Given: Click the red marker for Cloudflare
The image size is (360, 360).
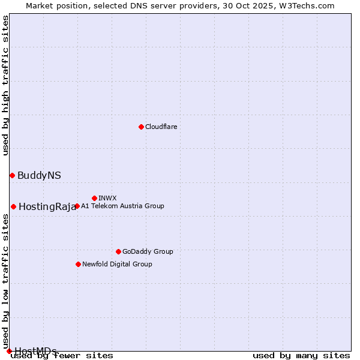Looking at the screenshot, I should [141, 127].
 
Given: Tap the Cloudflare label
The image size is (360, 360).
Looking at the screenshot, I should [161, 127].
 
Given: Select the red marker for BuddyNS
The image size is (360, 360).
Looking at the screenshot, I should [12, 175].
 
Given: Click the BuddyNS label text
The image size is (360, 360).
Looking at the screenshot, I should [39, 175].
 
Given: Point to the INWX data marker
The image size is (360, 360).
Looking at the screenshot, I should [94, 198].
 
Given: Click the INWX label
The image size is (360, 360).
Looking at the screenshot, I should [107, 198].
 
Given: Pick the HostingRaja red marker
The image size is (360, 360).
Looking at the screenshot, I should [13, 206].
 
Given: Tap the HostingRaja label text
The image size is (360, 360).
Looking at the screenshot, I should [47, 206].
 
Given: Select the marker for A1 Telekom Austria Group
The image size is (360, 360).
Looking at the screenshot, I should [77, 206].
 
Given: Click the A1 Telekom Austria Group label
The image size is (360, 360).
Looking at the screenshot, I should [122, 206].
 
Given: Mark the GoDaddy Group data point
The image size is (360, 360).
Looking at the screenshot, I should [118, 251].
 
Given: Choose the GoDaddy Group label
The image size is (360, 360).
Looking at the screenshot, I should [148, 251].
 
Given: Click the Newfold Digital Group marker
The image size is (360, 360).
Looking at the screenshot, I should [78, 264].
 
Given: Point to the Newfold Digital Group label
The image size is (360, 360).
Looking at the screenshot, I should [117, 264].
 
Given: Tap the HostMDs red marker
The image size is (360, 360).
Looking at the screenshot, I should [9, 351].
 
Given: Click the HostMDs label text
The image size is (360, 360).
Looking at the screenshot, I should [35, 351].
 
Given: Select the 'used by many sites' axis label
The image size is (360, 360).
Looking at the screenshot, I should [301, 356].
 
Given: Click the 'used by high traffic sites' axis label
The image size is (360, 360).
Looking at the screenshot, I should [6, 85].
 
